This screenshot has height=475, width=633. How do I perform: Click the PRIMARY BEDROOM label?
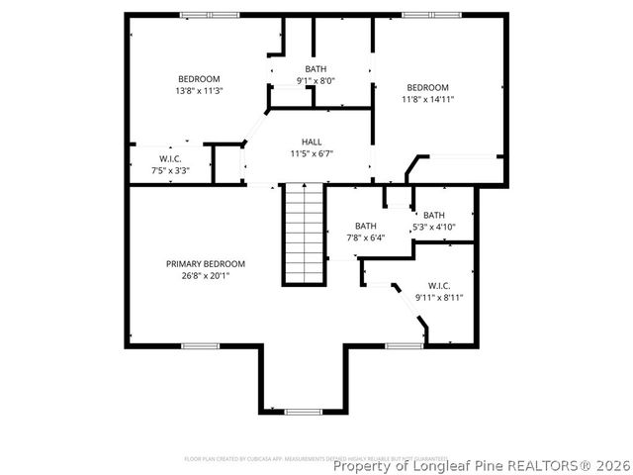point(205,264)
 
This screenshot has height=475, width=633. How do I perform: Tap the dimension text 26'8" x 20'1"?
point(205,276)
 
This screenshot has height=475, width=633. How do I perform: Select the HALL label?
point(312,142)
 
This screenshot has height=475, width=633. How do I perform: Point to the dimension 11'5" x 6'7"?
point(312,154)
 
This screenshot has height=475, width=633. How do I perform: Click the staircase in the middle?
point(305,235)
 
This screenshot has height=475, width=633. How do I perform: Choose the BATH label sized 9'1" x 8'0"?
point(316,68)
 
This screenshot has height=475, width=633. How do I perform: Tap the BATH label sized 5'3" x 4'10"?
point(434,215)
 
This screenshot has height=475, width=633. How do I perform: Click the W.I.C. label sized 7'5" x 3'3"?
point(170,159)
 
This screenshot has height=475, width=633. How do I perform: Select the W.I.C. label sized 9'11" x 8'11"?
point(439,285)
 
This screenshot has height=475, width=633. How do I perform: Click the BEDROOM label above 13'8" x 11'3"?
point(199,79)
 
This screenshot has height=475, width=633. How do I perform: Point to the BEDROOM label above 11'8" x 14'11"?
point(427,87)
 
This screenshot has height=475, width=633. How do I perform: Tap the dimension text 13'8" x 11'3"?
point(199,91)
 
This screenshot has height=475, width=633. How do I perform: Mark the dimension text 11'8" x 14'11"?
point(427,99)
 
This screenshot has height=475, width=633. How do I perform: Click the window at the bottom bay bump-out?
point(302,411)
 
